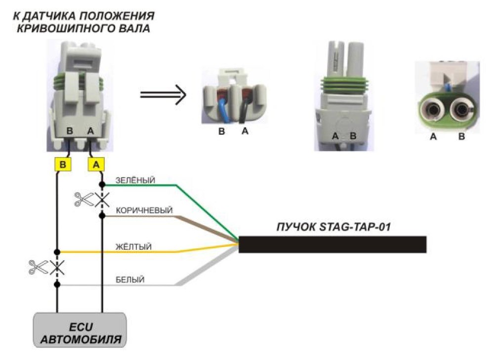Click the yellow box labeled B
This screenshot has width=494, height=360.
pyautogui.click(x=63, y=164)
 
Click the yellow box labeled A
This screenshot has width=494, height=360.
pyautogui.click(x=96, y=164)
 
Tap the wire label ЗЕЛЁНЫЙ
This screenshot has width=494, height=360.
pyautogui.click(x=135, y=180)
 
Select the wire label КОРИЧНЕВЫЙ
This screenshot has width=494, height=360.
pyautogui.click(x=144, y=210)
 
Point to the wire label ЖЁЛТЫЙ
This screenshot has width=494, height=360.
pyautogui.click(x=133, y=246)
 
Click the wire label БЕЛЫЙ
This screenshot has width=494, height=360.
pyautogui.click(x=130, y=280)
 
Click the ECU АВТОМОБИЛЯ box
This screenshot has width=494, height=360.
pyautogui.click(x=80, y=330)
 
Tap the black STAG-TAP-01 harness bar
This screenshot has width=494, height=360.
pyautogui.click(x=332, y=244)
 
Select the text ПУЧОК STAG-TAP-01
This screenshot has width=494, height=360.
pyautogui.click(x=333, y=227)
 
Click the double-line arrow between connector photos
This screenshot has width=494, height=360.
pyautogui.click(x=163, y=94)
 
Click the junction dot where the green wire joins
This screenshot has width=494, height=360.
pyautogui.click(x=102, y=184)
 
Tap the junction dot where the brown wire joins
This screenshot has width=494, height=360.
pyautogui.click(x=102, y=216)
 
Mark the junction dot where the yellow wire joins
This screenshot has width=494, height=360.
pyautogui.click(x=57, y=252)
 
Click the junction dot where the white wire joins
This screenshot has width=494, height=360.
pyautogui.click(x=57, y=284)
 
